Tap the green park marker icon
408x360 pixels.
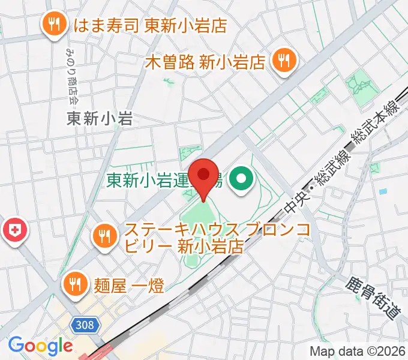pyautogui.click(x=242, y=179)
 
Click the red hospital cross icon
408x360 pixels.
pyautogui.click(x=14, y=230)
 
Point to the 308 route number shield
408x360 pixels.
pyautogui.click(x=85, y=325)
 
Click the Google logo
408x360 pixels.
pyautogui.click(x=40, y=346)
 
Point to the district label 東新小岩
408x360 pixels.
pyautogui.click(x=99, y=119)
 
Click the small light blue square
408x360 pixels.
pyautogui.click(x=382, y=191)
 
